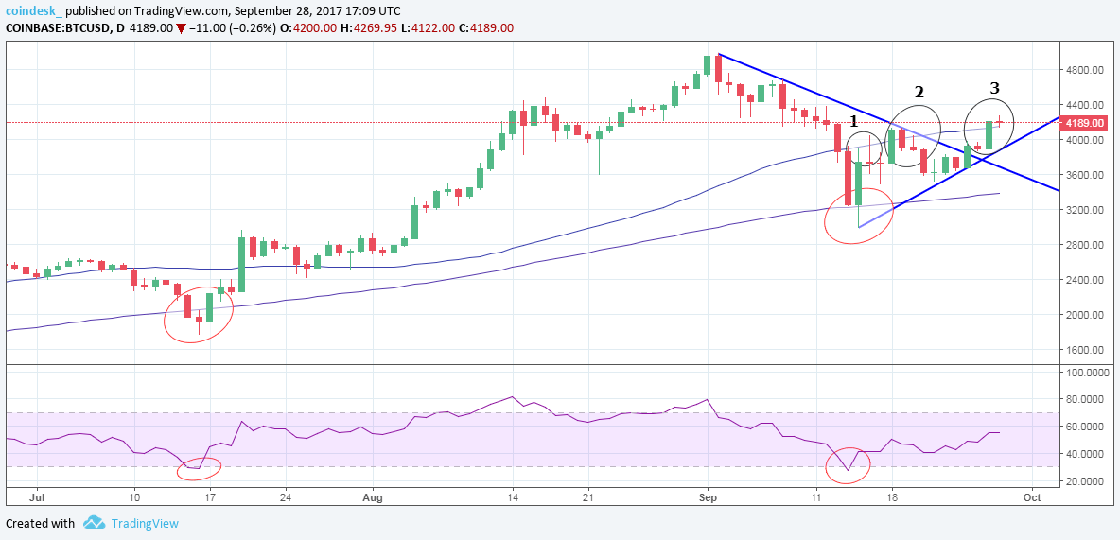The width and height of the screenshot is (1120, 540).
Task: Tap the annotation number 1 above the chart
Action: point(853,121)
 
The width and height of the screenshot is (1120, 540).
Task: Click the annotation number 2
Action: point(918,92)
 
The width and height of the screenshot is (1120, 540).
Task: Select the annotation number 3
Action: point(994,88)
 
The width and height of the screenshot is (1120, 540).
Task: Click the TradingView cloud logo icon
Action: point(94,523)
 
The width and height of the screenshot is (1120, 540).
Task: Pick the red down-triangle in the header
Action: point(182,28)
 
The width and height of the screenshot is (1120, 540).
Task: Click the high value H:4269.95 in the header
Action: point(389,27)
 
